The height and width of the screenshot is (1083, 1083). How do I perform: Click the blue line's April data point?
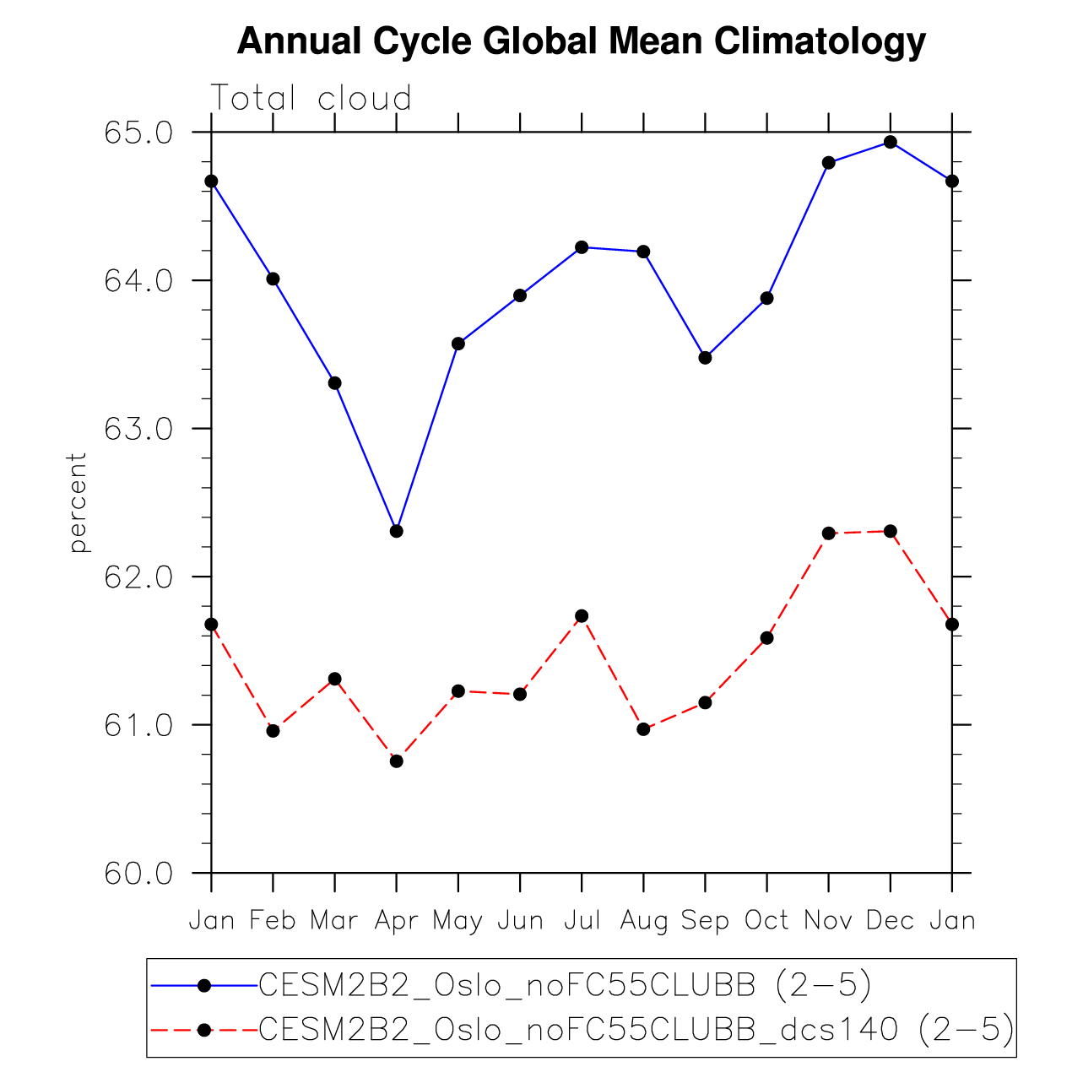tap(397, 531)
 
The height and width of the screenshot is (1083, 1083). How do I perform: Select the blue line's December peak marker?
tap(891, 142)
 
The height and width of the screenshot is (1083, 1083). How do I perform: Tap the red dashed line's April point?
tap(397, 761)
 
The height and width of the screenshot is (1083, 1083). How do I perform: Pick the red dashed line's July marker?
tap(582, 616)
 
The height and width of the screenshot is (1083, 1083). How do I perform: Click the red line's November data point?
tap(829, 533)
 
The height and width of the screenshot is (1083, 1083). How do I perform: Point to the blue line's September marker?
tap(706, 358)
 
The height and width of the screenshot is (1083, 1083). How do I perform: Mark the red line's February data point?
tap(273, 731)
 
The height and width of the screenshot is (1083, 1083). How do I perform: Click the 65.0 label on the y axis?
tap(138, 133)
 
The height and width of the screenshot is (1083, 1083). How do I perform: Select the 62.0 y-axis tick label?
tap(138, 577)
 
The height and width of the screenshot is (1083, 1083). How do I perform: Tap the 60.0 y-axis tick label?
tap(138, 874)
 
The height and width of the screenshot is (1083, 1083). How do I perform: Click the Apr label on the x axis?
tap(397, 920)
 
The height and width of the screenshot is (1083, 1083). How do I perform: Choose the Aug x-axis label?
tap(644, 920)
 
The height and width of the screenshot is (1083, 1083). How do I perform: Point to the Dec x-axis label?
tap(891, 920)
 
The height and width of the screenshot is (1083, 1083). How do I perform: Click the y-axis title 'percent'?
tap(79, 503)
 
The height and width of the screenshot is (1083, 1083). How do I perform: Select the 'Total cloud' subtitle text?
tap(311, 99)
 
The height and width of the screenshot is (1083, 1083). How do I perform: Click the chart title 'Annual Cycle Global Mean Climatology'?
tap(582, 41)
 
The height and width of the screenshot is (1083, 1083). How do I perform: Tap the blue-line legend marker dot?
tap(203, 985)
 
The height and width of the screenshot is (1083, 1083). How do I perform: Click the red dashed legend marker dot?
tap(203, 1030)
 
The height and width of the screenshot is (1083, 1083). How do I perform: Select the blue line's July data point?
tap(582, 247)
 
